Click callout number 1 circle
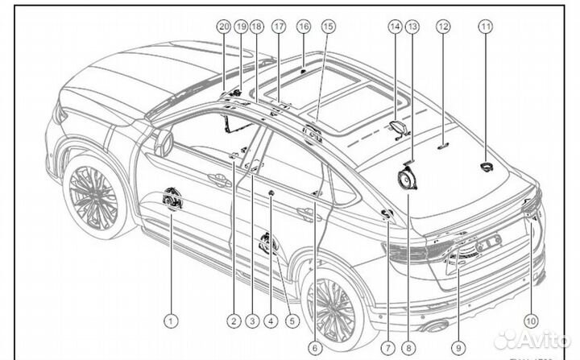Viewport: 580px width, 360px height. coord(170,321)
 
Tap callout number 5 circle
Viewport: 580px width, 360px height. coord(292,321)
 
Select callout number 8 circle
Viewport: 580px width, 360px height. coord(408,348)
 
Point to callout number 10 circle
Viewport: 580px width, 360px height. coord(529,321)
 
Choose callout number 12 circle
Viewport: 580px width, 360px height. coord(442,27)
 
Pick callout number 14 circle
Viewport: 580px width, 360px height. coord(394,27)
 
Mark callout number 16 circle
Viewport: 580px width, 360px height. coord(303,27)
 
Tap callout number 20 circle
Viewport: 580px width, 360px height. coord(223,27)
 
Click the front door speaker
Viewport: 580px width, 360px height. coord(173,198)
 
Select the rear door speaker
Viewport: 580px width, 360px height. coord(268,242)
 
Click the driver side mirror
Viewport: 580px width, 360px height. coord(164,142)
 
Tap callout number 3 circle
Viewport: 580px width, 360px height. coord(251,321)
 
